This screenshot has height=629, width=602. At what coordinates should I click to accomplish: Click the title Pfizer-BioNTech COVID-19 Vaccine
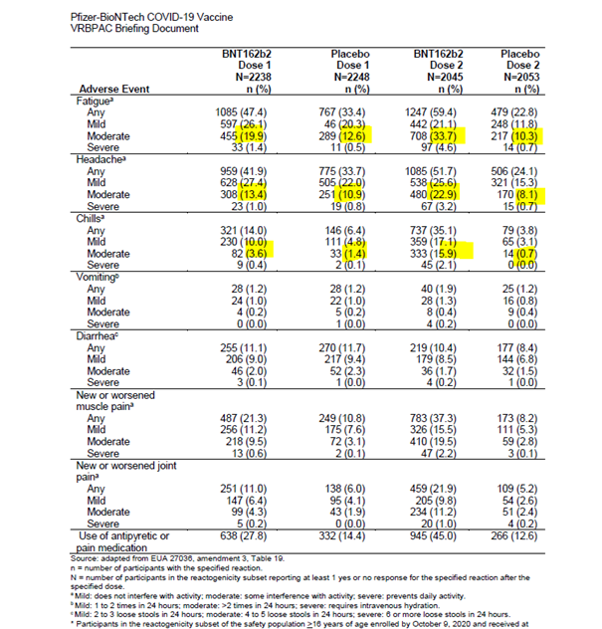click(x=97, y=17)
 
